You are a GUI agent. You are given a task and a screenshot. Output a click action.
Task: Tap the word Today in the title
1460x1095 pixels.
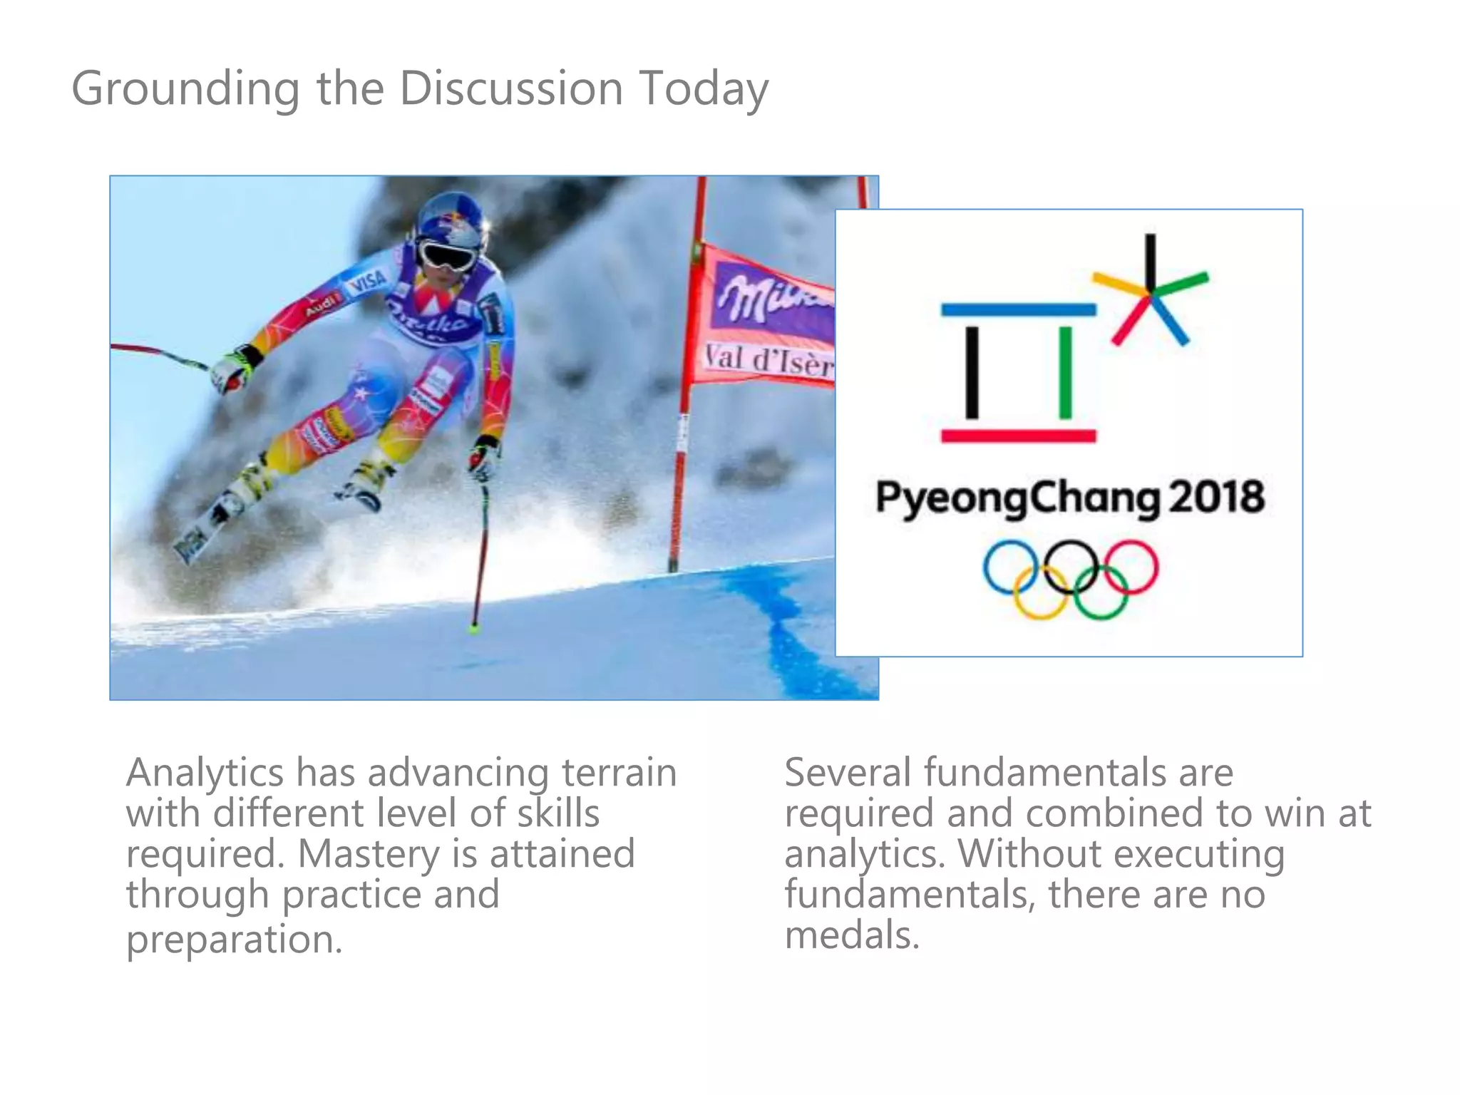[x=703, y=89]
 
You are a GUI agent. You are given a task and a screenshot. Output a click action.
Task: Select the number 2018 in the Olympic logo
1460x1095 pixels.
[x=1216, y=496]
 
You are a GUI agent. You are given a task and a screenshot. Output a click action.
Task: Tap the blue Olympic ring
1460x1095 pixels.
[x=1009, y=567]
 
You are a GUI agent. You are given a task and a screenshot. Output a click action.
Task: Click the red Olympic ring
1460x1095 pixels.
[x=1131, y=567]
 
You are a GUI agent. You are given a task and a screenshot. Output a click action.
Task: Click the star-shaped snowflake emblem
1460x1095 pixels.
[x=1149, y=292]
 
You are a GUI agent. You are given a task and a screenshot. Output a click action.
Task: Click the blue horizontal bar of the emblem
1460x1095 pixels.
[x=1018, y=309]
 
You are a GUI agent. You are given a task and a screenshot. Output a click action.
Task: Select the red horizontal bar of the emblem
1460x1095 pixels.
[x=1018, y=436]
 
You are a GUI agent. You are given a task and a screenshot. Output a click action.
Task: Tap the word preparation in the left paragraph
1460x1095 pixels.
[x=235, y=939]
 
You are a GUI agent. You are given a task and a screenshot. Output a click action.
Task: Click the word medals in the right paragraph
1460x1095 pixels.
[x=852, y=935]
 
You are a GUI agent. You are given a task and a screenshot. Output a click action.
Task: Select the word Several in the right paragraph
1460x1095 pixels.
[x=848, y=772]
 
